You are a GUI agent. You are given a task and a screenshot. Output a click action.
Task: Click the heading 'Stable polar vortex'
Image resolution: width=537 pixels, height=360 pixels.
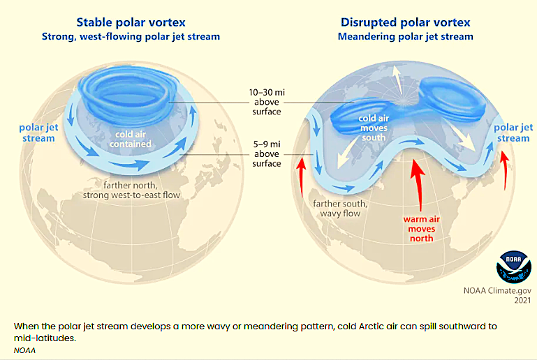[x=131, y=22]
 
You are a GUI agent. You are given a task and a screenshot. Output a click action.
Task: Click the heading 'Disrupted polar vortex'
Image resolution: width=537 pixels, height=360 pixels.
[x=406, y=22]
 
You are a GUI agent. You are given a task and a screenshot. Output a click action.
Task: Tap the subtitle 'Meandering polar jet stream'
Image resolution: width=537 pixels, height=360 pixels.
[x=406, y=36]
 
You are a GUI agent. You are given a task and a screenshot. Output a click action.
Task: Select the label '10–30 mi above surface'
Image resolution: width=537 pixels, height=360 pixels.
[x=267, y=102]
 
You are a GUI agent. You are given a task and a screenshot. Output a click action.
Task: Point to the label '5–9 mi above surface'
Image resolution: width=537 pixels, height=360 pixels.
[x=267, y=154]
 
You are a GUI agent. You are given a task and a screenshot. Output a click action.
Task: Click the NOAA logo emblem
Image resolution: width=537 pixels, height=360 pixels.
[x=514, y=267]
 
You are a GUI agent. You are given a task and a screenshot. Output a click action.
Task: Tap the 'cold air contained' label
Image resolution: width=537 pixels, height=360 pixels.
[x=131, y=139]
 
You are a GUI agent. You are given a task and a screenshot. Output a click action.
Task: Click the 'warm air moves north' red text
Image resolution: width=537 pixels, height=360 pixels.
[x=422, y=229]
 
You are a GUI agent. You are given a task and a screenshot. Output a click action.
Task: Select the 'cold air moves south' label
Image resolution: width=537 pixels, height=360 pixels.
[x=374, y=128]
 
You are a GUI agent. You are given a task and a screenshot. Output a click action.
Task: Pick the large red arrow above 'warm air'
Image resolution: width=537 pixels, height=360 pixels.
[x=418, y=185]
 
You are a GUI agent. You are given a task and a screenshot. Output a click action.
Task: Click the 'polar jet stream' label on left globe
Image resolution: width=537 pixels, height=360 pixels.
[x=38, y=133]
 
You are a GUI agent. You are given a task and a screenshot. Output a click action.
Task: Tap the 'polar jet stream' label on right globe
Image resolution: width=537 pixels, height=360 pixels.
[x=513, y=133]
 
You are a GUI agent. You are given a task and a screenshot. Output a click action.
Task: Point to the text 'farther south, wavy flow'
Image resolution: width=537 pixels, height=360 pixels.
[x=340, y=209]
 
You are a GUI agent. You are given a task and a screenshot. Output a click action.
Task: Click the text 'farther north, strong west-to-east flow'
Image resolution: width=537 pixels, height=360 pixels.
[x=131, y=190]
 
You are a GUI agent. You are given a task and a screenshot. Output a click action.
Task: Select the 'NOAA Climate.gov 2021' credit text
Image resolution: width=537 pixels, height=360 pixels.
[x=497, y=295]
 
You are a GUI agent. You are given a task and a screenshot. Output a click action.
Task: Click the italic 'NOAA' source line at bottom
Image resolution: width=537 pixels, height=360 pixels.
[x=24, y=350]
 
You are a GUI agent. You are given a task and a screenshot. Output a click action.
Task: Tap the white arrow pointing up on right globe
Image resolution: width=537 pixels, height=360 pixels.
[x=398, y=80]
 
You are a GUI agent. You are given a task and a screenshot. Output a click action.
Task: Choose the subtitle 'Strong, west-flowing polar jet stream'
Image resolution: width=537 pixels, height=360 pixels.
[x=131, y=36]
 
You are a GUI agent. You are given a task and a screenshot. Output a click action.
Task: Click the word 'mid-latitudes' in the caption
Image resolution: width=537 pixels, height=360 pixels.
[x=44, y=338]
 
